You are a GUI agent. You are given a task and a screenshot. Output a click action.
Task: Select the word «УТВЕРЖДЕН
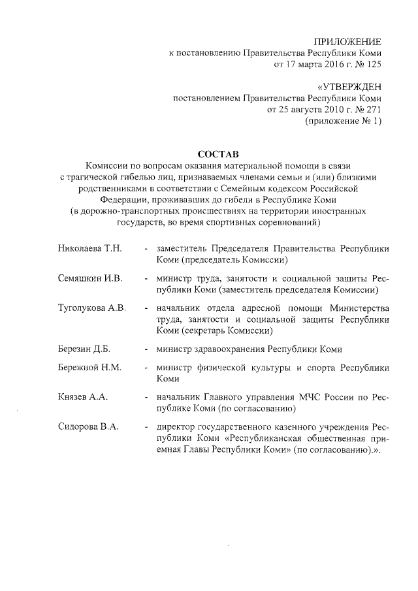coord(348,87)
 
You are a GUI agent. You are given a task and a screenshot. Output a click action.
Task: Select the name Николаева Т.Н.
coord(89,249)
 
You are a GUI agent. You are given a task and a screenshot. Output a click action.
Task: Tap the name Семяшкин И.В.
coord(90,279)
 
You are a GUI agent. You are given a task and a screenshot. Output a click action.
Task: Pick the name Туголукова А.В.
coord(92,308)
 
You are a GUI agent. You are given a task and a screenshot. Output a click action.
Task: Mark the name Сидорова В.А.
coord(88,427)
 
